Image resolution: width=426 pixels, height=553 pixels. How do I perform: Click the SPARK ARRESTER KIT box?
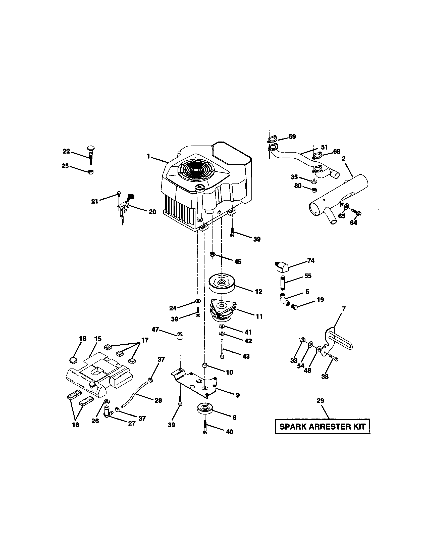click(x=323, y=427)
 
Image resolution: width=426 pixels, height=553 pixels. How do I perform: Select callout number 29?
click(x=320, y=401)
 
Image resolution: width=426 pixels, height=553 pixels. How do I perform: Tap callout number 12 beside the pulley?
click(x=258, y=291)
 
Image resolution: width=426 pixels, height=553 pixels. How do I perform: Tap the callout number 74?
click(x=311, y=261)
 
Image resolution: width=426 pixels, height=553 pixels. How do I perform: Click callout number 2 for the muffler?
click(x=343, y=159)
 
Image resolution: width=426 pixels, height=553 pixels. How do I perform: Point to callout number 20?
click(x=152, y=212)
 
